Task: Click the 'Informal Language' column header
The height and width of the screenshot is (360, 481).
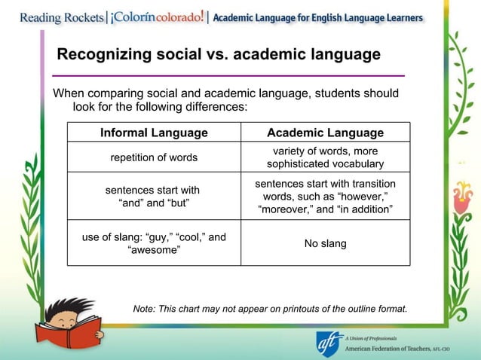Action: click(x=154, y=133)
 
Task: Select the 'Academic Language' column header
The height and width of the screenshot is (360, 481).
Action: click(x=325, y=133)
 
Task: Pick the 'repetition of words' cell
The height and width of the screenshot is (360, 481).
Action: click(x=154, y=157)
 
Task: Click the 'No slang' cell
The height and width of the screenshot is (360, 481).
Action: click(x=325, y=243)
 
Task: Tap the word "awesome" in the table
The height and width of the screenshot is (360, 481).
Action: click(x=154, y=250)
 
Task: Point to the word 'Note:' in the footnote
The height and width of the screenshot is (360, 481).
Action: click(x=146, y=309)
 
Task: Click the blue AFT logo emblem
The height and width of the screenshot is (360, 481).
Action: click(x=329, y=343)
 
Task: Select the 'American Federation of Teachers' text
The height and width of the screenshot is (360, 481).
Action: click(x=388, y=350)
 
